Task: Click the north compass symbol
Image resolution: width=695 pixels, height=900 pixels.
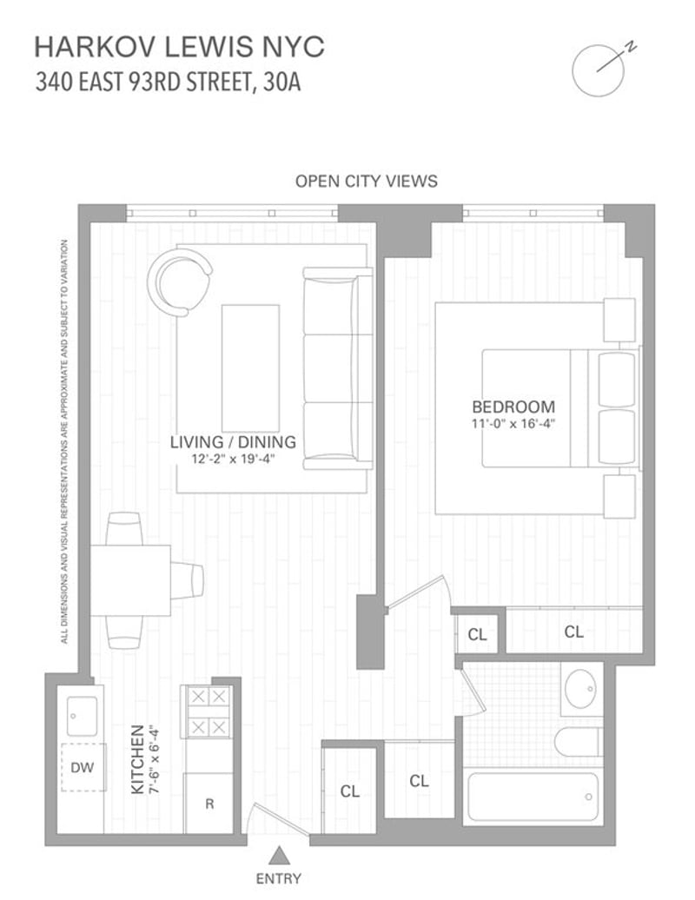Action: pyautogui.click(x=599, y=70)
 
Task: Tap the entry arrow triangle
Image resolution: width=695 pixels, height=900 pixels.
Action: pyautogui.click(x=278, y=855)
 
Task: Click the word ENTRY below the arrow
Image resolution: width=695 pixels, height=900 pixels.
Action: pyautogui.click(x=278, y=879)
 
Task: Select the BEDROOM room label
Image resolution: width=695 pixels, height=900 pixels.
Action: pyautogui.click(x=513, y=407)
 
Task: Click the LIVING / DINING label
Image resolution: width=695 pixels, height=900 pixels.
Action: pyautogui.click(x=233, y=442)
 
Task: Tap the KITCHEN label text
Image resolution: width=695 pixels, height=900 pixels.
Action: pyautogui.click(x=138, y=759)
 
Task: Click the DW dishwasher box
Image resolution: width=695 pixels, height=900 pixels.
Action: pyautogui.click(x=83, y=767)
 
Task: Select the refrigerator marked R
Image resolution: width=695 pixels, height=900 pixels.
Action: pyautogui.click(x=208, y=803)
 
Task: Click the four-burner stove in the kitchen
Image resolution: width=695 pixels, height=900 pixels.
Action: pyautogui.click(x=208, y=711)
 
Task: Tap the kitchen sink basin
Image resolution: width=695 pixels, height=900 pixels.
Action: pyautogui.click(x=82, y=716)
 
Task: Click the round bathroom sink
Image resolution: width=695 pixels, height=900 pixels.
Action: pyautogui.click(x=581, y=689)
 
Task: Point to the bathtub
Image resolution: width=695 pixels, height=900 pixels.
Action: pyautogui.click(x=533, y=797)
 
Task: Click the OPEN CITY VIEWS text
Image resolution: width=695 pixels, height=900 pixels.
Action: pyautogui.click(x=366, y=182)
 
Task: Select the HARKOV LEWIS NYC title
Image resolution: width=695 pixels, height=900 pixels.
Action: pyautogui.click(x=180, y=47)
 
